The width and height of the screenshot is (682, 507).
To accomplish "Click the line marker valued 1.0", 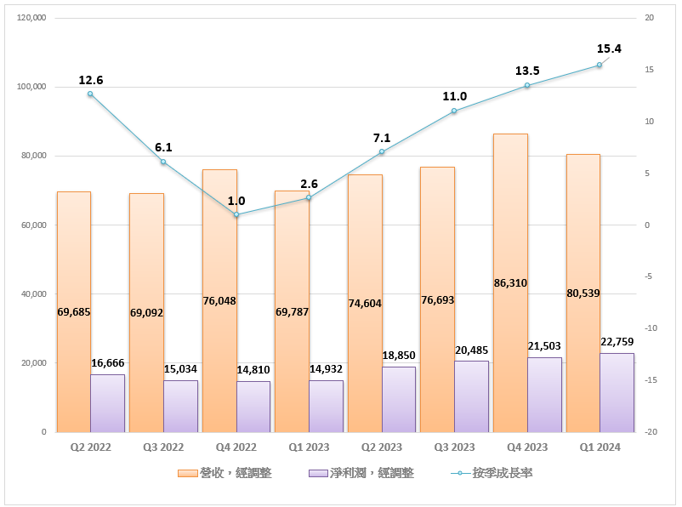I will tap(236, 215).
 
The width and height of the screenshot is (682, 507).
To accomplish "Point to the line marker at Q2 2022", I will tap(90, 94).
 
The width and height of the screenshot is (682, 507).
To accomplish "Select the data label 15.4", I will tap(609, 48).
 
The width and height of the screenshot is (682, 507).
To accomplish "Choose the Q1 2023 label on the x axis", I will tap(309, 447).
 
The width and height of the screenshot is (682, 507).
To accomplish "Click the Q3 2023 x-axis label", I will tap(454, 447).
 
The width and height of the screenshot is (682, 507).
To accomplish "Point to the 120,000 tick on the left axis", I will tap(31, 18).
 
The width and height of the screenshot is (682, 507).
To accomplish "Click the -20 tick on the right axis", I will tap(651, 432).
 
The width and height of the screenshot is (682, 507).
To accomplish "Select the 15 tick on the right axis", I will tap(649, 70).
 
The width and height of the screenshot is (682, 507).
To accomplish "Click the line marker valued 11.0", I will tap(454, 111).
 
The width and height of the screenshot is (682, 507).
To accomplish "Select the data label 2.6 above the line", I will tap(309, 184).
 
